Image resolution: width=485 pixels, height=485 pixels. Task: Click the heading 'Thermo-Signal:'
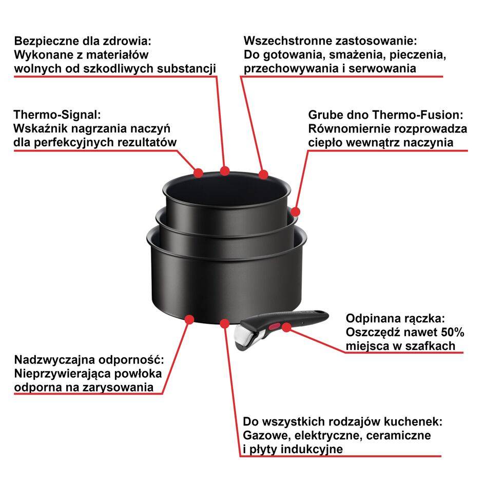[56, 114]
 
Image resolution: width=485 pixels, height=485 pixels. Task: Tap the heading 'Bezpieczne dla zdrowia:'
[83, 41]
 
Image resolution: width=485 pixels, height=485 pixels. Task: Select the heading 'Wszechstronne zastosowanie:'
[330, 41]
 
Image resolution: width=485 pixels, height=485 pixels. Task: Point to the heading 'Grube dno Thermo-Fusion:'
[385, 114]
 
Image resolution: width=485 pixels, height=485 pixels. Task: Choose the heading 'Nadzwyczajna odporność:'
[89, 359]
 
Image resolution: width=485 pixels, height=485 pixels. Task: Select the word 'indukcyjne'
[313, 449]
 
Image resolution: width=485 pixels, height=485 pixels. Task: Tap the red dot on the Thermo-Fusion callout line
[295, 211]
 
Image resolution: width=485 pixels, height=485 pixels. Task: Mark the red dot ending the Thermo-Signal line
[199, 172]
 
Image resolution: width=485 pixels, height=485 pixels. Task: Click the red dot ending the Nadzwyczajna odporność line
[189, 319]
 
